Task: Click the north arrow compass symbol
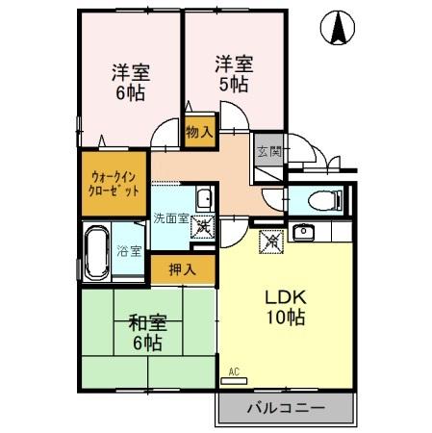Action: point(340,30)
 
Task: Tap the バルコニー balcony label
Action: point(285,408)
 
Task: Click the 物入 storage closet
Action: point(199,130)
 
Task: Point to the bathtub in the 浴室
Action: point(96,251)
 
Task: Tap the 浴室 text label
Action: point(131,251)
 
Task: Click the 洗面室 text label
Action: point(172,218)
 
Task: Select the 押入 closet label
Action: point(183,268)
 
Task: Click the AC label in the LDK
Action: point(234,370)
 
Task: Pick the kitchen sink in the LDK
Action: point(305,232)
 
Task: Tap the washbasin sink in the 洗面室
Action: point(204,200)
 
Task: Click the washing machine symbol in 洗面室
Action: point(204,229)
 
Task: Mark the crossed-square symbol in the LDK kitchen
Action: point(269,241)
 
